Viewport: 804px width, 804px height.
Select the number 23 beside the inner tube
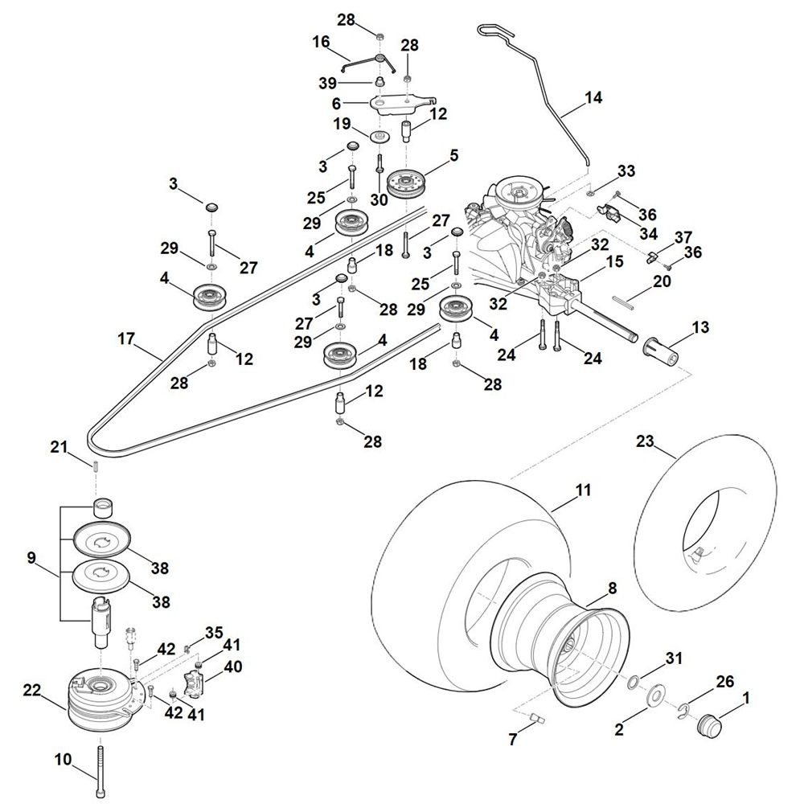click(645, 441)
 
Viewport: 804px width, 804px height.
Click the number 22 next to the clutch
click(32, 690)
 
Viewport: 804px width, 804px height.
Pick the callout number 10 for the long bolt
click(64, 758)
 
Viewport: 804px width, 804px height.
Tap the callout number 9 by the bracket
click(32, 556)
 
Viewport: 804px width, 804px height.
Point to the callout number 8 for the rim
click(612, 588)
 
